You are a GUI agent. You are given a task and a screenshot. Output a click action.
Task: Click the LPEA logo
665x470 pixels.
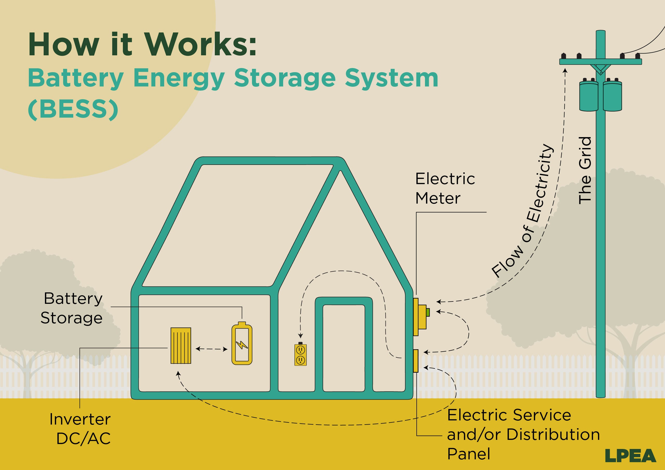(x=630, y=455)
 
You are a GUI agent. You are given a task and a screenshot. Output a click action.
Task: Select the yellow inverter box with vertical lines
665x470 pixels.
(x=181, y=345)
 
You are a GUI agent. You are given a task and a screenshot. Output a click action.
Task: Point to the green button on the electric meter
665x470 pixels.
(x=428, y=312)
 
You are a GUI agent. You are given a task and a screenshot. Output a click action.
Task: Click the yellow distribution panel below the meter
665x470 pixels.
(x=416, y=360)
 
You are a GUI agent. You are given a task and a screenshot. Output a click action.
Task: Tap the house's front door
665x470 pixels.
(x=343, y=347)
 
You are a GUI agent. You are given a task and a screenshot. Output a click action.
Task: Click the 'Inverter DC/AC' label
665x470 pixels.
(x=80, y=429)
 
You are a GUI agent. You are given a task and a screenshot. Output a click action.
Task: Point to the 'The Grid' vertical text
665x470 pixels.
(x=584, y=170)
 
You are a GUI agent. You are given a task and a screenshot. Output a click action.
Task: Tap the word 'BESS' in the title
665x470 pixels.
(x=73, y=110)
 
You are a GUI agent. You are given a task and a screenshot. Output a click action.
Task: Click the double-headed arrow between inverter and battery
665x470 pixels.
(x=211, y=349)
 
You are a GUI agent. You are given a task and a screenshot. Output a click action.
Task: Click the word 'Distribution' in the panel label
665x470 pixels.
(x=553, y=435)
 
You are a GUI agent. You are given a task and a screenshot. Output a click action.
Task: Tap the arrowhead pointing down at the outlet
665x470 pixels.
(x=301, y=336)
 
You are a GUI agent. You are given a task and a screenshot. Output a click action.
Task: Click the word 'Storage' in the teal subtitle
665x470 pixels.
(x=285, y=78)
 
